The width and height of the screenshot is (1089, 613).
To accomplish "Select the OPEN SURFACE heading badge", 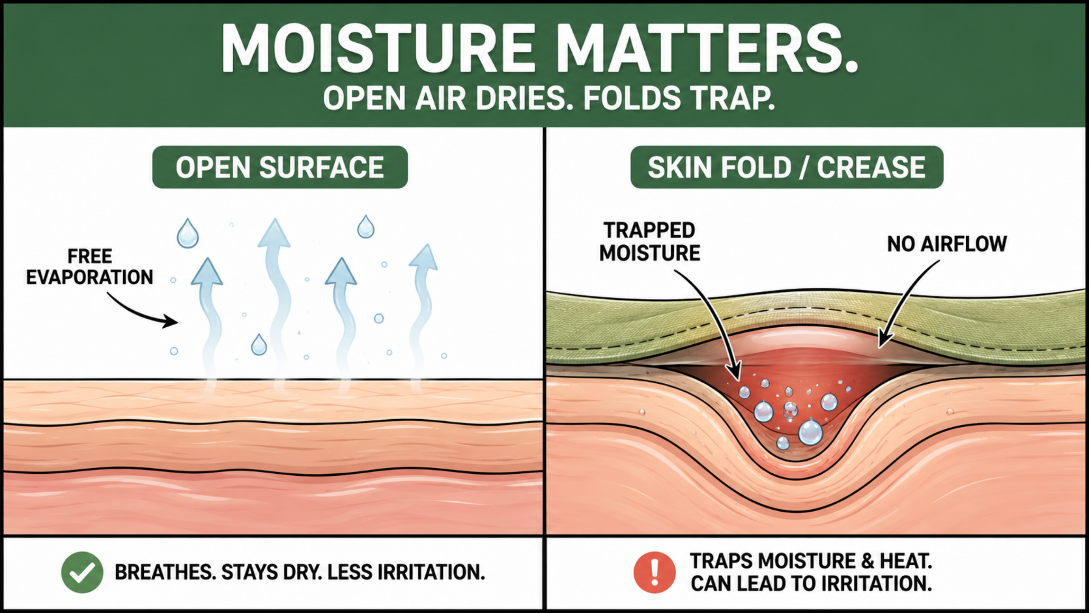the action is click(x=280, y=167).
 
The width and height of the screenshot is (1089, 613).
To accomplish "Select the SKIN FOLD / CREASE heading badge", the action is click(x=787, y=167).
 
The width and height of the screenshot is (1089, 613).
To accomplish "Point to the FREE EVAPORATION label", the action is click(x=90, y=267).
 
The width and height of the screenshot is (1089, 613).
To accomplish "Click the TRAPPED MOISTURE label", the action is click(x=650, y=241).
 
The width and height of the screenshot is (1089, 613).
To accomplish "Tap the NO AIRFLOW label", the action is click(x=947, y=244).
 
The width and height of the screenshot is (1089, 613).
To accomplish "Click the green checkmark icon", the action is click(x=82, y=573).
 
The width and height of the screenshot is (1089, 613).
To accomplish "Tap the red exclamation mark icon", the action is click(x=655, y=573).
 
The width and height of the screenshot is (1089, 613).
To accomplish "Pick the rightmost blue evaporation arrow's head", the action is click(x=424, y=257).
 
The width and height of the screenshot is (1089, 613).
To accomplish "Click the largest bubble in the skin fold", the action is click(x=810, y=432).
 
